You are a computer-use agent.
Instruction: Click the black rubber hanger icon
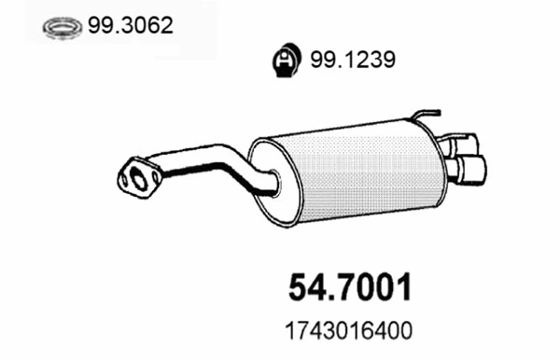point(285,61)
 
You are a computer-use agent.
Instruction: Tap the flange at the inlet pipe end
point(139,177)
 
